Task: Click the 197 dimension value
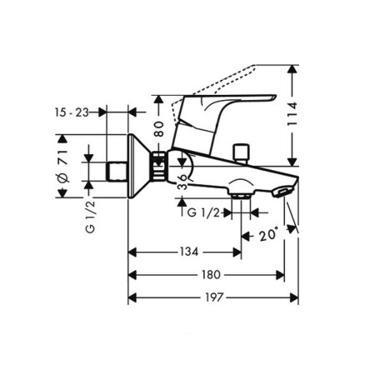(213, 297)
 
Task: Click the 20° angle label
(267, 236)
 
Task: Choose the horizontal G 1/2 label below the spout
(204, 213)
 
